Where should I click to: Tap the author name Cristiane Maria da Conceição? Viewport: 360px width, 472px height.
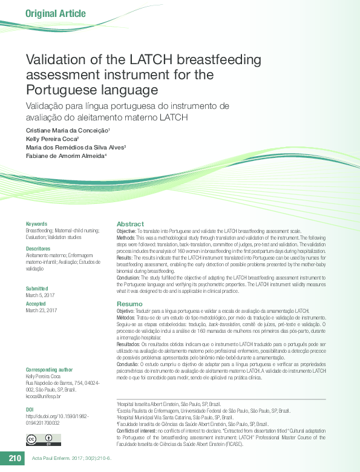coord(67,131)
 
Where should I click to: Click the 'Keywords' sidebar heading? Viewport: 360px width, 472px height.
coord(36,224)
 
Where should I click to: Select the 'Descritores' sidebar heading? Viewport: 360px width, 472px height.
coord(38,249)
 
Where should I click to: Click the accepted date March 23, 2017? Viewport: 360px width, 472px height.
coord(41,310)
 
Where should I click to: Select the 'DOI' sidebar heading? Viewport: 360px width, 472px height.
coord(30,410)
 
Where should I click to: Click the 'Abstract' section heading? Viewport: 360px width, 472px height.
coord(130,224)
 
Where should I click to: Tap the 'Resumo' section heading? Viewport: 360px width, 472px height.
coord(129,303)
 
